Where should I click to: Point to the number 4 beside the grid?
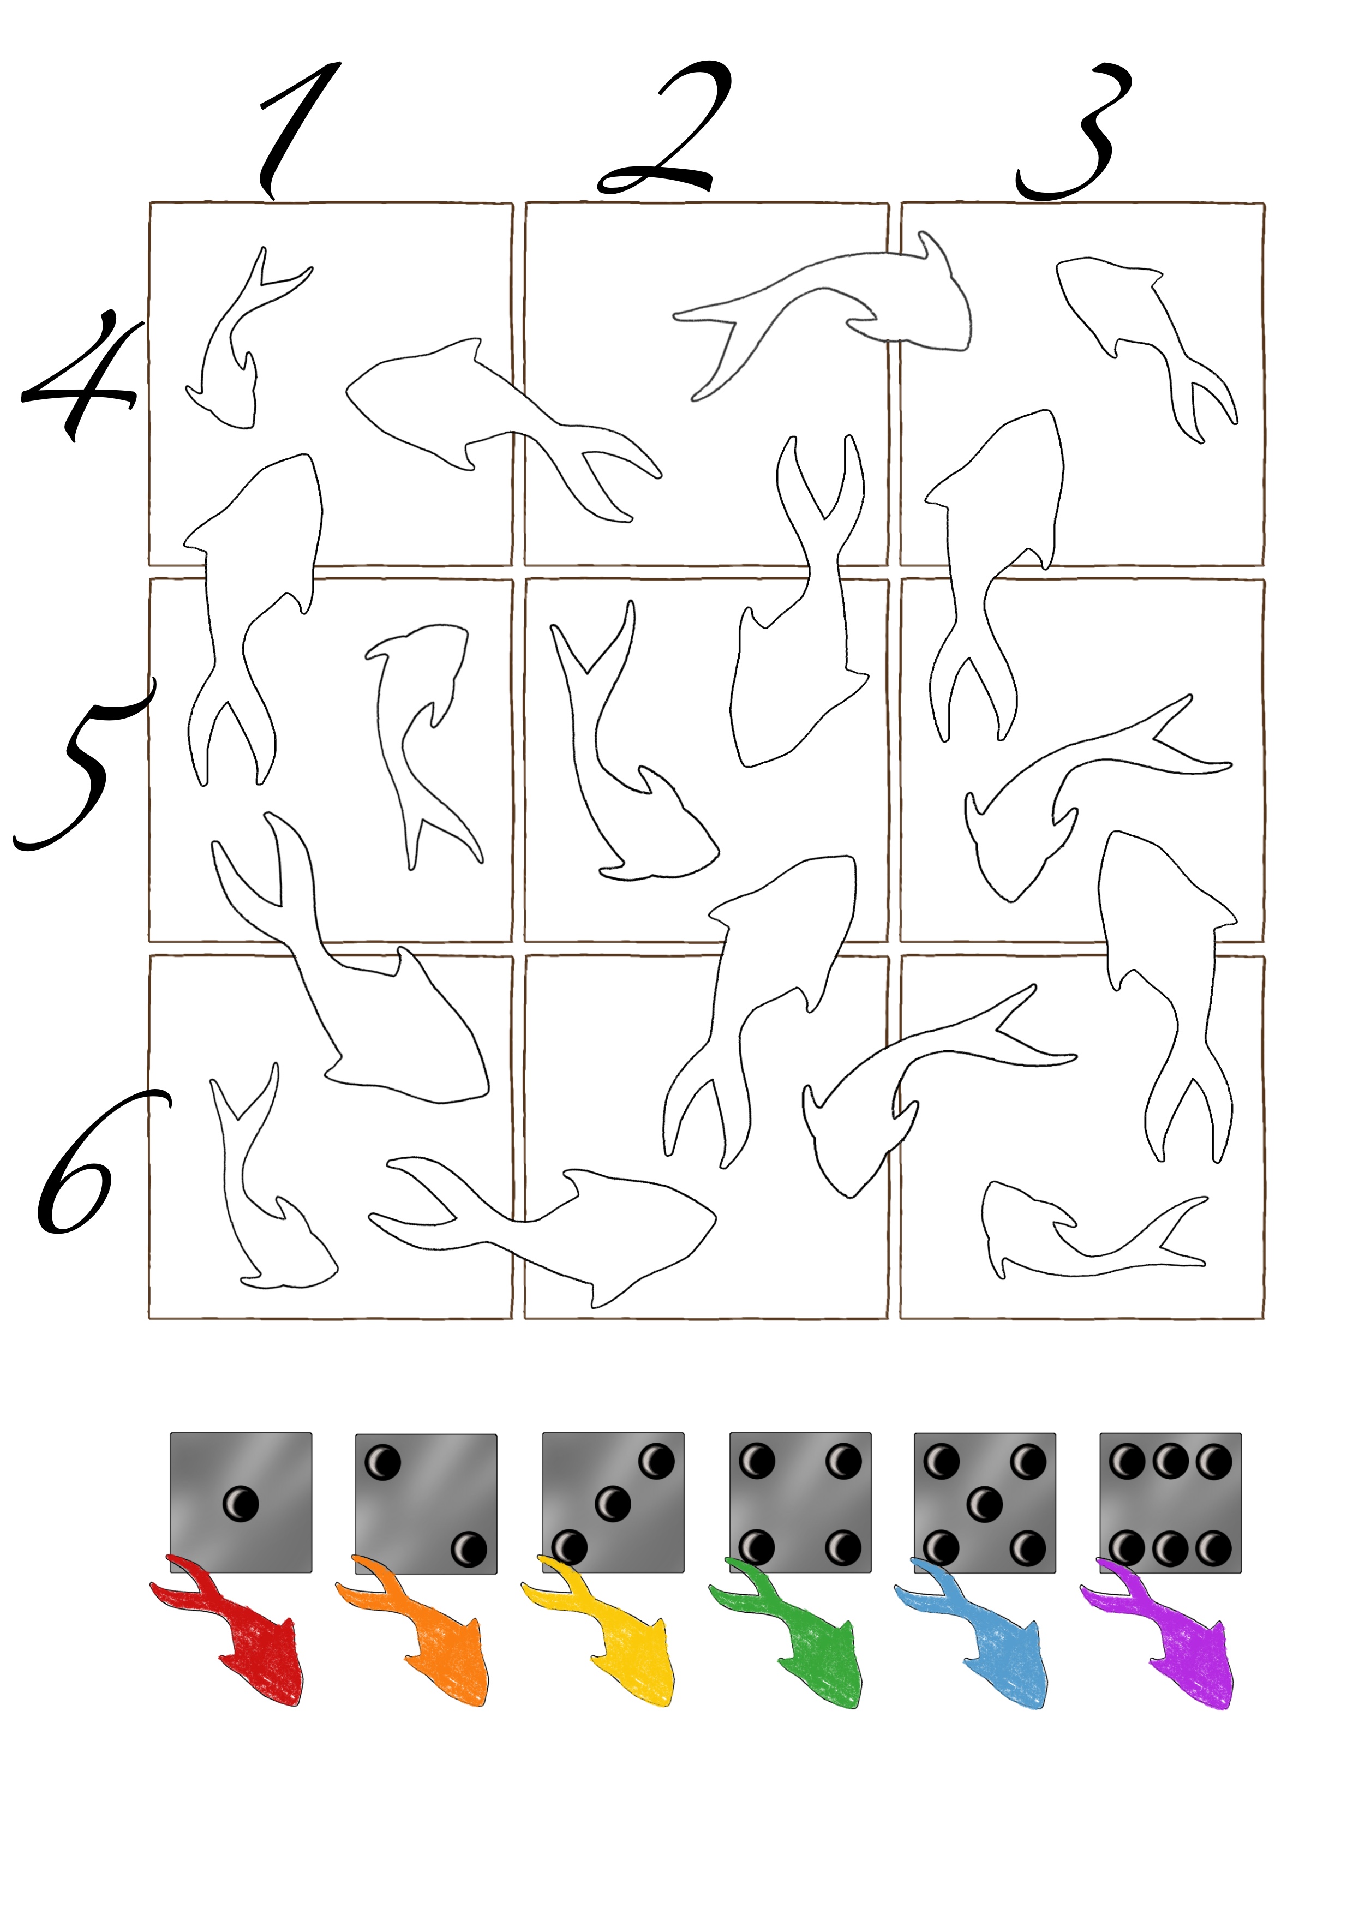[x=79, y=375]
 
